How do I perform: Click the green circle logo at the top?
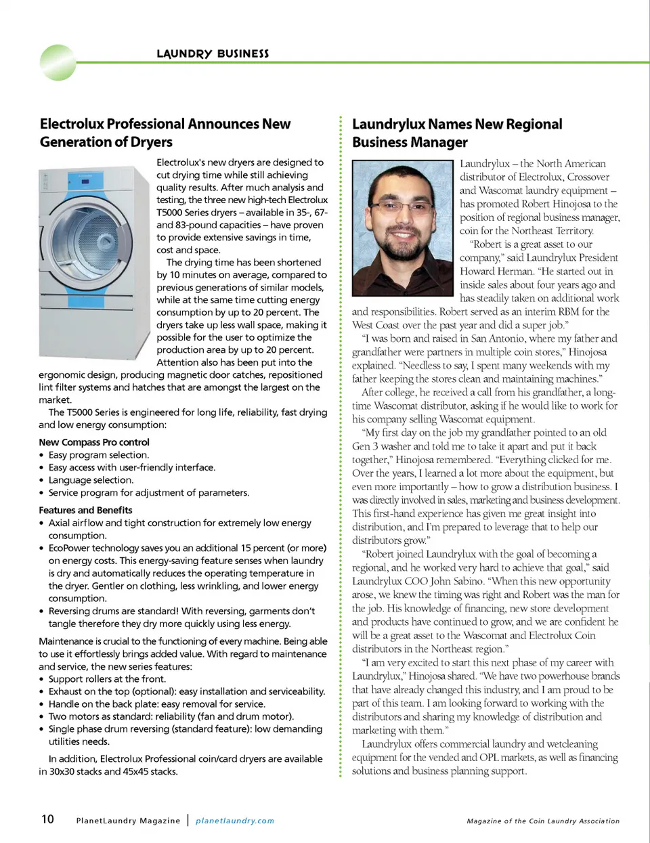58,62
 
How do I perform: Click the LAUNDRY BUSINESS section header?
213,53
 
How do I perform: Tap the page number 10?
47,819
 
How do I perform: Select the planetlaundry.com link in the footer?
235,821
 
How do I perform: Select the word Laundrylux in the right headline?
389,125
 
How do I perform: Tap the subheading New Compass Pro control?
94,442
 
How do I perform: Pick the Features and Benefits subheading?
85,511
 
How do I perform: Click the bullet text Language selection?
91,480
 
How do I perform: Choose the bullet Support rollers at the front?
107,679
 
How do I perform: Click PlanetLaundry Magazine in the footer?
128,821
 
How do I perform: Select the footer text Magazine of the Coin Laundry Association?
543,821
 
